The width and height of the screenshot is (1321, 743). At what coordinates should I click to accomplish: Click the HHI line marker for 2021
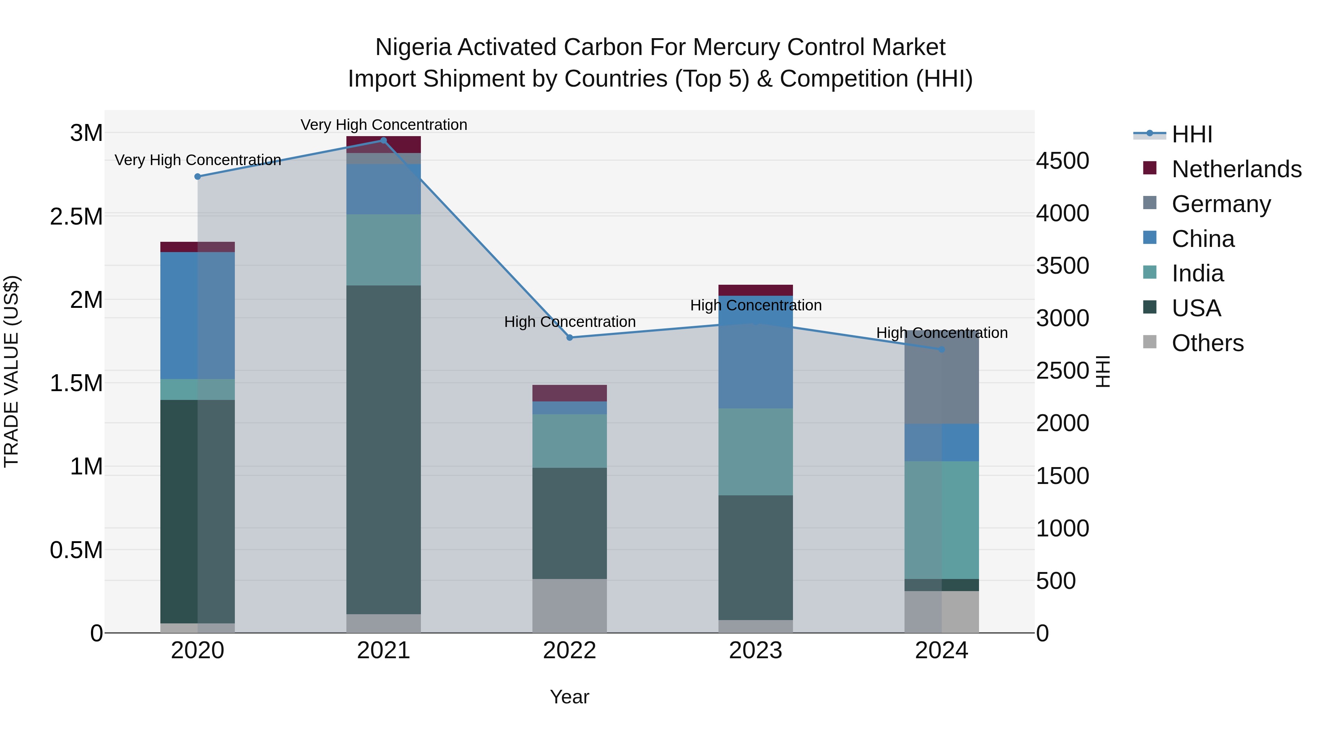tap(383, 141)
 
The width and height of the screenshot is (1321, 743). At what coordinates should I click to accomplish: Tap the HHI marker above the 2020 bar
tap(197, 176)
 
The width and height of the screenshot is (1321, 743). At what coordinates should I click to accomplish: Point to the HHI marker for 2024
tap(942, 349)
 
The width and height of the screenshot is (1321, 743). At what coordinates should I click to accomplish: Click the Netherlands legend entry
tap(1236, 169)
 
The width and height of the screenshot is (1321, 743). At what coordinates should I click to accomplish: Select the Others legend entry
tap(1208, 343)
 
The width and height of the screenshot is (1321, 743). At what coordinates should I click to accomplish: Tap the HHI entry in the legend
tap(1192, 134)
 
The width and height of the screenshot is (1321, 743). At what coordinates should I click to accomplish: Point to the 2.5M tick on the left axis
tap(76, 216)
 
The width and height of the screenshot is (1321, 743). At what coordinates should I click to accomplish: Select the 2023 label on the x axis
tap(756, 651)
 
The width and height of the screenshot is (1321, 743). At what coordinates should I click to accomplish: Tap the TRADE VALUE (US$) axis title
tap(11, 371)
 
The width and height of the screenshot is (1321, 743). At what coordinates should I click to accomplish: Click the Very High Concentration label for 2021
tap(383, 125)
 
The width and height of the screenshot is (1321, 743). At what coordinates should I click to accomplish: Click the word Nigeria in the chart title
tap(413, 47)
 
